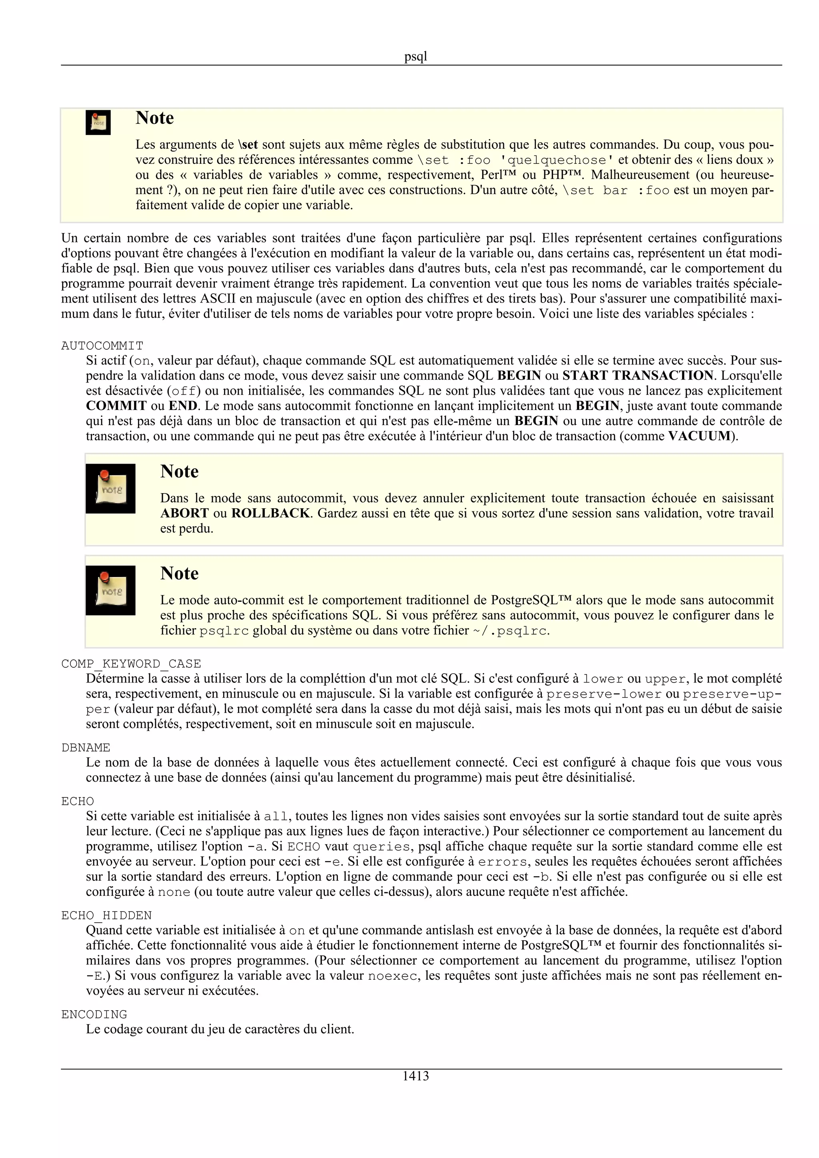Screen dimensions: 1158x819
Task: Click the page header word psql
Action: click(415, 56)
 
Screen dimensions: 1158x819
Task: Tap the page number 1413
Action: click(415, 1076)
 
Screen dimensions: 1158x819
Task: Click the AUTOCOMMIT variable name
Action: click(102, 346)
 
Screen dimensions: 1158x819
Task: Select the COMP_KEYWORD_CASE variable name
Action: click(131, 663)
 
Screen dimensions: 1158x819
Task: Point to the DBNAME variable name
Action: click(86, 748)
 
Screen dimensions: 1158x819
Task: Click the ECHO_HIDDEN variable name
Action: click(106, 915)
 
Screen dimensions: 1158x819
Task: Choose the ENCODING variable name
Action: click(94, 1014)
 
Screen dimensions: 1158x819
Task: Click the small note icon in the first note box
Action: click(98, 123)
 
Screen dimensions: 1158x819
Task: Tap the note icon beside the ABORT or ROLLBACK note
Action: click(110, 488)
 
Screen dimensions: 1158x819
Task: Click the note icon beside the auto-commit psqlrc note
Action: click(110, 590)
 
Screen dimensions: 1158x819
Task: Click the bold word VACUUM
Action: click(699, 436)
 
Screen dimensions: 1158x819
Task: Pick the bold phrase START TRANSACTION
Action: click(637, 375)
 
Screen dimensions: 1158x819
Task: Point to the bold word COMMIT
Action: click(116, 406)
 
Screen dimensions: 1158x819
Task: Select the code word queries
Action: click(382, 846)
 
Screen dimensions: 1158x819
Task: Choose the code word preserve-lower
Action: click(603, 694)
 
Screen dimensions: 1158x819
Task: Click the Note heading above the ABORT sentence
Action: click(179, 471)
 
